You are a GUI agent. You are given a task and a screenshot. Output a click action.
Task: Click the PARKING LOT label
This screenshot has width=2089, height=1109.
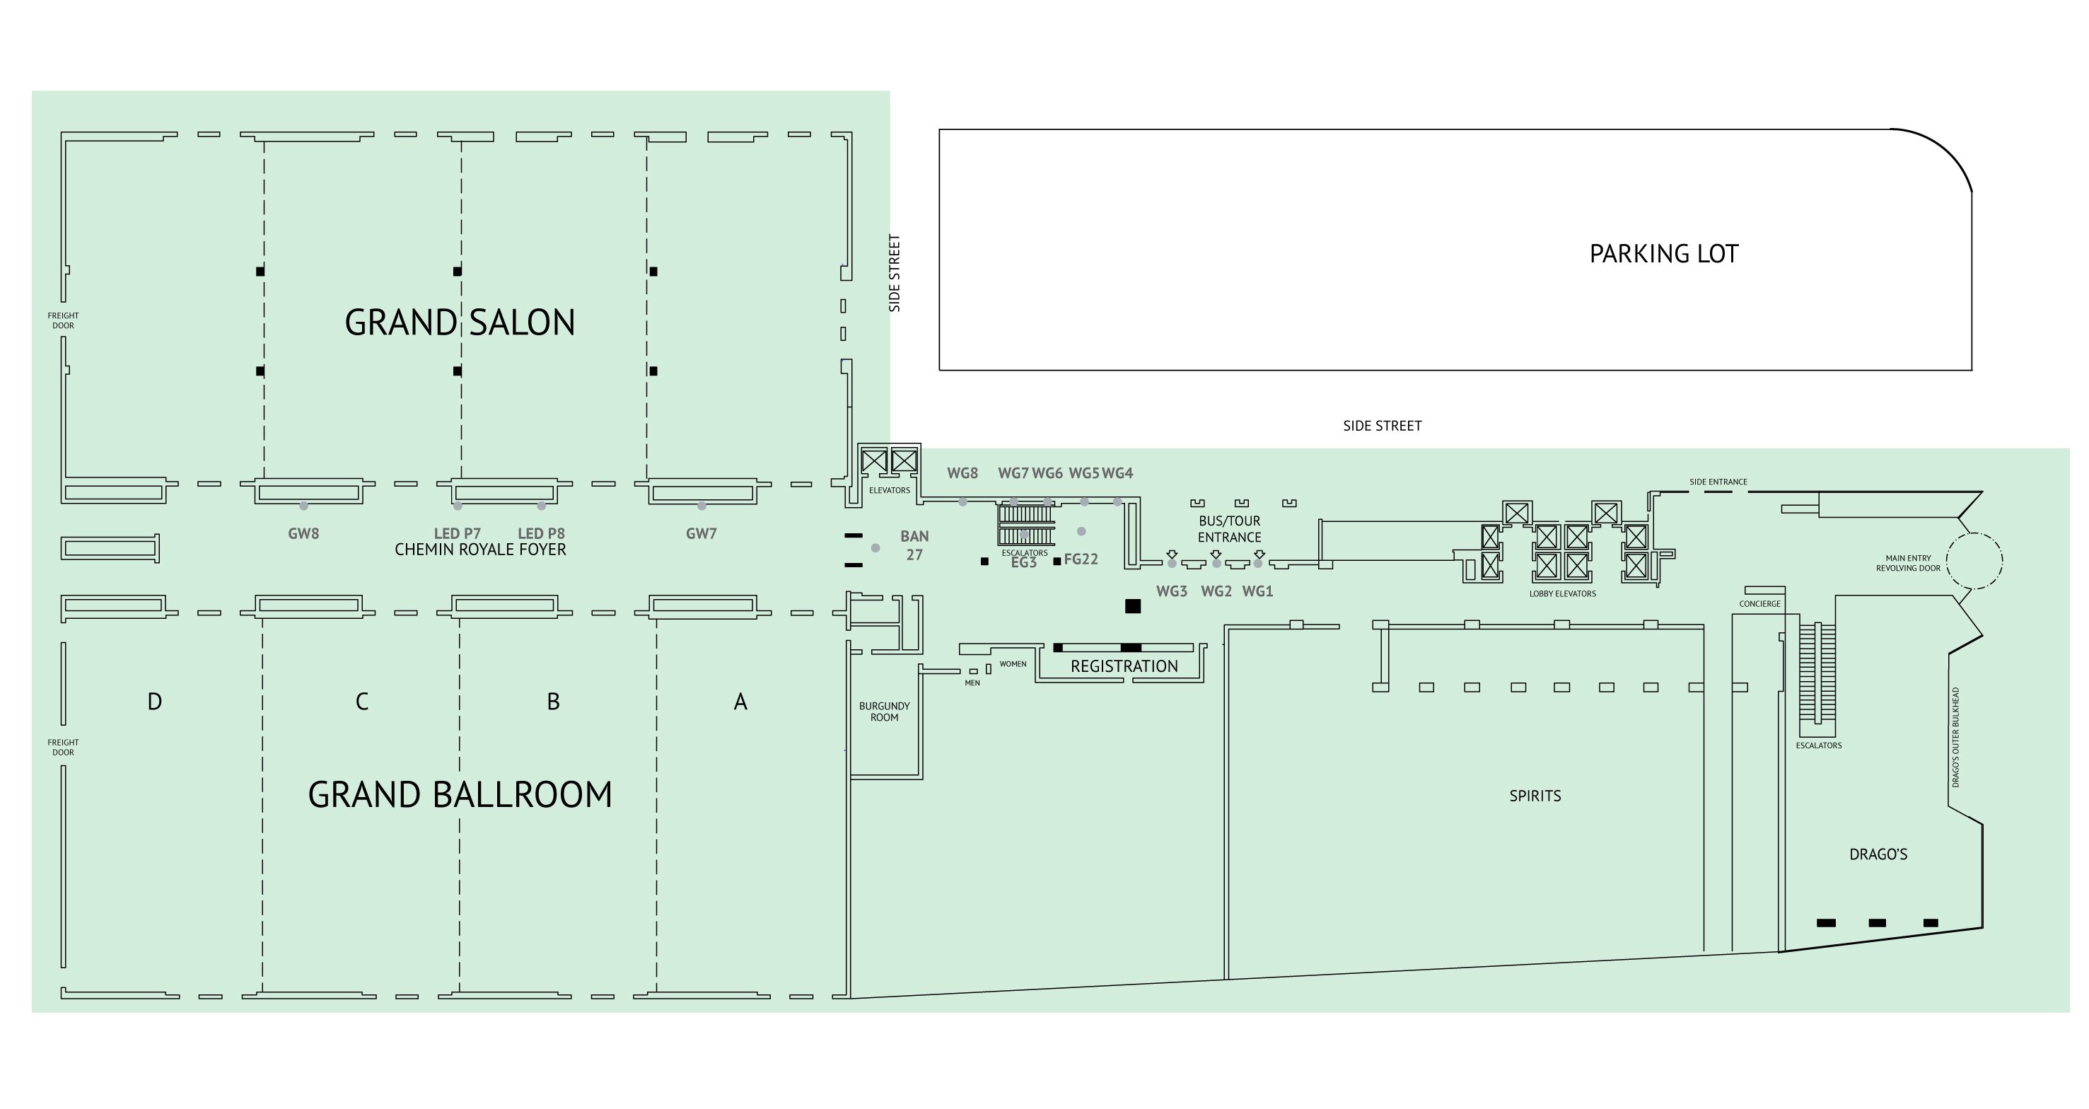[1663, 254]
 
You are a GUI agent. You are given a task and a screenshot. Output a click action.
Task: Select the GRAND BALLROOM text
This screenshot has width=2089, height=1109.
[460, 794]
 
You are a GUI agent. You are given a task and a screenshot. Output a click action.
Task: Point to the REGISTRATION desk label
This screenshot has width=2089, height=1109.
[1124, 666]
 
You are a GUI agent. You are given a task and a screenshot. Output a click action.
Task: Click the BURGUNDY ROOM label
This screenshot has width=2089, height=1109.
[884, 712]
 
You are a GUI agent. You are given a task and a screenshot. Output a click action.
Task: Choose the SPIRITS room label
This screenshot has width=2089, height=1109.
[1535, 796]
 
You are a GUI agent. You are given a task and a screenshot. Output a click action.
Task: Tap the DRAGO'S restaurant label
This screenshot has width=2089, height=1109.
[1878, 854]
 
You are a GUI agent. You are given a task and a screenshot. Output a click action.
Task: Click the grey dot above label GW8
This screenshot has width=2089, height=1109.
[304, 506]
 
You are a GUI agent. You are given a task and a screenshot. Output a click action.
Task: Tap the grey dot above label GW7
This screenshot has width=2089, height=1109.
[702, 506]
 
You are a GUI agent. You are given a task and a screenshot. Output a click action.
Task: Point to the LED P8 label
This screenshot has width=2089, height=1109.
[541, 533]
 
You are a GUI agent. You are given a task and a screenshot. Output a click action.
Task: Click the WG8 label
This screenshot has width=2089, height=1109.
[962, 473]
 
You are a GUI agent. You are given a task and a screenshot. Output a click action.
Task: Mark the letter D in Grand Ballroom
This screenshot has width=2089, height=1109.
[155, 702]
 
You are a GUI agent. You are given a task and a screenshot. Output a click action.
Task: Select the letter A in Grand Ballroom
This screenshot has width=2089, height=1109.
[740, 702]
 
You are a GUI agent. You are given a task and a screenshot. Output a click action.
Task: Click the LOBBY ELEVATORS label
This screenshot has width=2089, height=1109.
[1563, 594]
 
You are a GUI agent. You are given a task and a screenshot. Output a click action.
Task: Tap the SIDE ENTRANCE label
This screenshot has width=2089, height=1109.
[1718, 482]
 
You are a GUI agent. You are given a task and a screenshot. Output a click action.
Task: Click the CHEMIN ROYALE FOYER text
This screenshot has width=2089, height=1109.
[480, 550]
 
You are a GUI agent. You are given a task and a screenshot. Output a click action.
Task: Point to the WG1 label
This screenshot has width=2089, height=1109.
[1258, 591]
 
